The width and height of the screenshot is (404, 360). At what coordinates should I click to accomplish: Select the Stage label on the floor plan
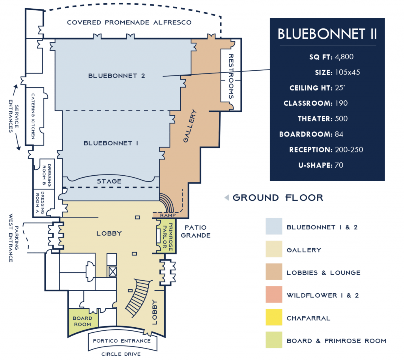click(109, 181)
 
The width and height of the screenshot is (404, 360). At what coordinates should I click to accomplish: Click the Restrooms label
click(231, 76)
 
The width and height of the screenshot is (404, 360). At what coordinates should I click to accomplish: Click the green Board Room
click(82, 321)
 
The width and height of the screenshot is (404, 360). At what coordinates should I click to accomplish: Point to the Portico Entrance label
click(122, 341)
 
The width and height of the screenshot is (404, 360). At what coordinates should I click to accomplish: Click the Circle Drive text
click(122, 354)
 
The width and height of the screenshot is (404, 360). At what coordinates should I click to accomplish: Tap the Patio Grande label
click(198, 232)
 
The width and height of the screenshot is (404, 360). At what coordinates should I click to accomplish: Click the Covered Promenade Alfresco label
click(129, 22)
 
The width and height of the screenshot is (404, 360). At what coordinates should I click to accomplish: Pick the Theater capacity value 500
click(341, 119)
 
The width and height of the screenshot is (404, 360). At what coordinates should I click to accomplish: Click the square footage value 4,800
click(344, 57)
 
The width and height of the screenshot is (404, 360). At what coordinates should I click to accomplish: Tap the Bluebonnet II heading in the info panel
click(327, 34)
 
